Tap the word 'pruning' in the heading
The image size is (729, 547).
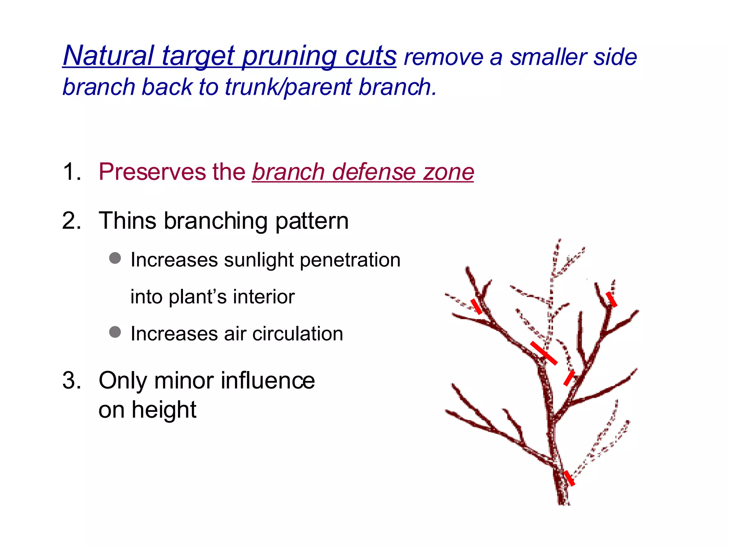[289, 56]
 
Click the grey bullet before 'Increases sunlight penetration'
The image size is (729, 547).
[115, 258]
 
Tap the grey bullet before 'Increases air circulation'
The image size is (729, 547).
[115, 332]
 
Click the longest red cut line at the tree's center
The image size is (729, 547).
[544, 353]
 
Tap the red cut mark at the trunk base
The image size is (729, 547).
[569, 478]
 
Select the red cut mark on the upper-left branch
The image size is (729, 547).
[477, 306]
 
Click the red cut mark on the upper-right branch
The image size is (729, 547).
[612, 299]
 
